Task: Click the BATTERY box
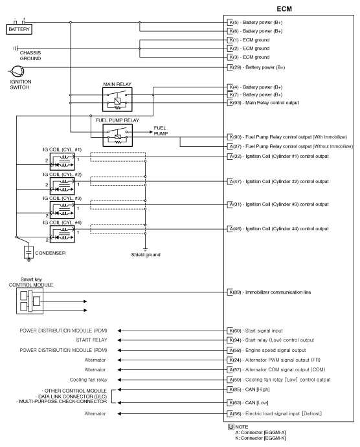tap(19, 29)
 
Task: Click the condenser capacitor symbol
tap(28, 251)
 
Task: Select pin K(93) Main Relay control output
tap(231, 103)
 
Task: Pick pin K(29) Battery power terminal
tap(231, 67)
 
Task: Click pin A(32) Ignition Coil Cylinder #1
tap(231, 157)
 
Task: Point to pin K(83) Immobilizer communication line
tap(231, 292)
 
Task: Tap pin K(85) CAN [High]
tap(231, 389)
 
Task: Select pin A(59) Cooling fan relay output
tap(231, 379)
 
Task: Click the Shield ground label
tap(146, 256)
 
